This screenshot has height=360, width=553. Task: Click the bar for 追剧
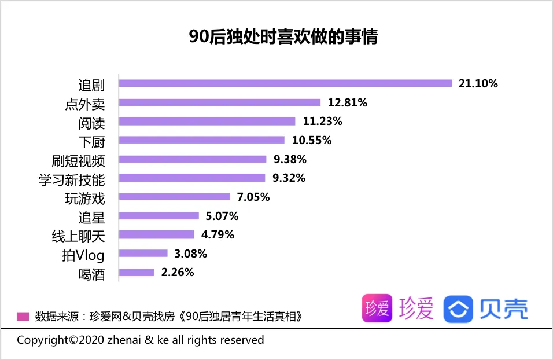tap(285, 83)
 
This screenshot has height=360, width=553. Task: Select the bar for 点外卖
tap(220, 102)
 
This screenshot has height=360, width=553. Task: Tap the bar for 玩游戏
tap(175, 197)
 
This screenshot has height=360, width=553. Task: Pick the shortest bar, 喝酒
tap(137, 272)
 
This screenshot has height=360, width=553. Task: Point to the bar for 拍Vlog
tap(143, 253)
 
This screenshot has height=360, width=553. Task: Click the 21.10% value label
tap(478, 83)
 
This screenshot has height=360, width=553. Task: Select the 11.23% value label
tap(323, 122)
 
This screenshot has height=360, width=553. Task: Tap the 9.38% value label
tap(290, 159)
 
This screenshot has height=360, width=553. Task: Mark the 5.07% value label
tap(222, 216)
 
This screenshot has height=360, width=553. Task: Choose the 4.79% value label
tap(217, 234)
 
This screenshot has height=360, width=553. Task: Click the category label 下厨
tap(91, 141)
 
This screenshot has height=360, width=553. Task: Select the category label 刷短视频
tap(79, 160)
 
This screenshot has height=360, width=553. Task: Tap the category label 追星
tap(91, 216)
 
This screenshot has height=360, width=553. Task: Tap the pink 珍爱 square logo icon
tap(377, 309)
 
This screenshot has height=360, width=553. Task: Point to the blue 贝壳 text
tap(503, 309)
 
